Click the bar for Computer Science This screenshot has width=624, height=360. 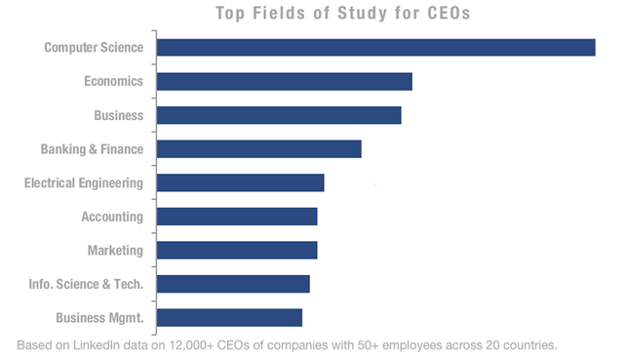click(376, 47)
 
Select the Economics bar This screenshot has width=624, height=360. click(285, 81)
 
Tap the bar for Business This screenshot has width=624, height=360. click(279, 115)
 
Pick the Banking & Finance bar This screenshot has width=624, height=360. click(259, 148)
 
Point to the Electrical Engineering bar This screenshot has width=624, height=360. click(241, 182)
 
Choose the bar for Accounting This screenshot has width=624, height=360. click(237, 217)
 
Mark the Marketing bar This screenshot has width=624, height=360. click(237, 250)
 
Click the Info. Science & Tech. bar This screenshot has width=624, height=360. click(233, 284)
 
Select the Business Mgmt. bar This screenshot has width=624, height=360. click(229, 317)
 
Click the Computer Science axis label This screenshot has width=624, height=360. click(94, 47)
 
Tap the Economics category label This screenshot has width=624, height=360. click(113, 81)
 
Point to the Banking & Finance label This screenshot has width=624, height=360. click(92, 149)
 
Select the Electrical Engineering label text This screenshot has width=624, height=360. click(84, 182)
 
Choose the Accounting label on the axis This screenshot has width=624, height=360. click(111, 217)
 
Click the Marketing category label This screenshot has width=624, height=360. click(115, 251)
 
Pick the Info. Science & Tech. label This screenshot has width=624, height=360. click(86, 284)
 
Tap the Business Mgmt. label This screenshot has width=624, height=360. click(98, 318)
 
